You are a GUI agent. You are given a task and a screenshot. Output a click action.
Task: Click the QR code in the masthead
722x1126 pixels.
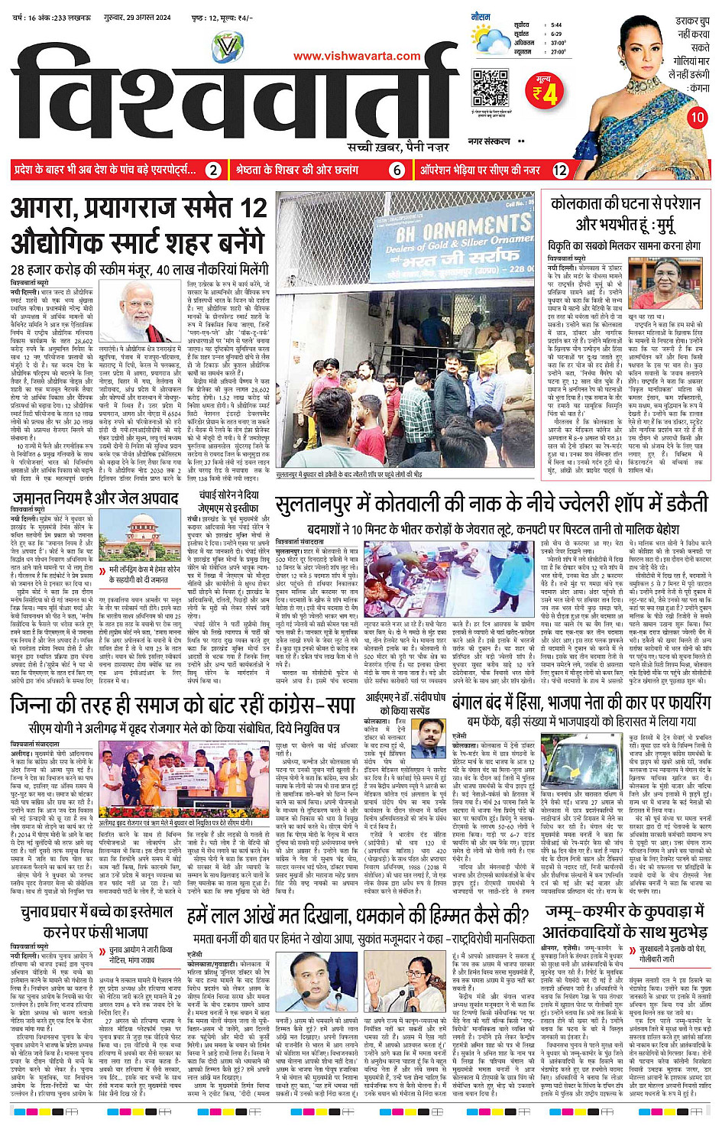point(490,87)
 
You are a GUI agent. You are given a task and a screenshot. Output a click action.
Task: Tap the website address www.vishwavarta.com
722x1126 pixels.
point(357,56)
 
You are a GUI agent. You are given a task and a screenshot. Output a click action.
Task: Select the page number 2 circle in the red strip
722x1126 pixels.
point(214,170)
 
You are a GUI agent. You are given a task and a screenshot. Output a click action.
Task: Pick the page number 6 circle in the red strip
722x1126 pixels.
point(397,170)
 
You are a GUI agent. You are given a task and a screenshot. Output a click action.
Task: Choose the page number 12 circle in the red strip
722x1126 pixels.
point(560,170)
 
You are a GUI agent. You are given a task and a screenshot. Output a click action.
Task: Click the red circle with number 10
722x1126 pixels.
point(696,118)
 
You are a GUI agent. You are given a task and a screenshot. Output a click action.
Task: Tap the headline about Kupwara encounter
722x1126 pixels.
point(625,921)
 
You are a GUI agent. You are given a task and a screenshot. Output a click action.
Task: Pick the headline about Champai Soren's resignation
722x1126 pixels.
point(228,500)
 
